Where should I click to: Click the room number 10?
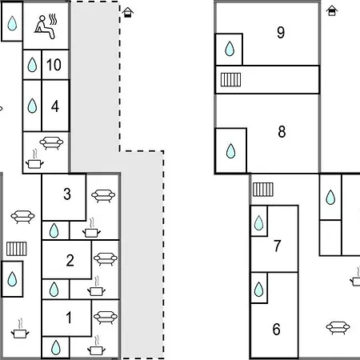pyautogui.click(x=54, y=65)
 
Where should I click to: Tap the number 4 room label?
pyautogui.click(x=55, y=106)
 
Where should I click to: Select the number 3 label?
pyautogui.click(x=67, y=194)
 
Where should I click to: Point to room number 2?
pyautogui.click(x=70, y=260)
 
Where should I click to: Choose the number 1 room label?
pyautogui.click(x=69, y=318)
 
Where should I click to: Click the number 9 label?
pyautogui.click(x=281, y=33)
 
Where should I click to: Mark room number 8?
pyautogui.click(x=282, y=132)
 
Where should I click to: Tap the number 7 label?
pyautogui.click(x=278, y=246)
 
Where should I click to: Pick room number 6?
pyautogui.click(x=277, y=329)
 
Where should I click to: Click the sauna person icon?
pyautogui.click(x=46, y=27)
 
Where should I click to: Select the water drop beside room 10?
pyautogui.click(x=32, y=65)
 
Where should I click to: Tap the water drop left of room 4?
pyautogui.click(x=32, y=106)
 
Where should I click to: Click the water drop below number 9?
pyautogui.click(x=230, y=49)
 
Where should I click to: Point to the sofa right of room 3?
pyautogui.click(x=103, y=196)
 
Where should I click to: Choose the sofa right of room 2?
pyautogui.click(x=106, y=259)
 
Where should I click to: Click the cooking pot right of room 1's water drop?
pyautogui.click(x=96, y=346)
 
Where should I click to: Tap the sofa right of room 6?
pyautogui.click(x=338, y=328)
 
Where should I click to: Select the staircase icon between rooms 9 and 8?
pyautogui.click(x=230, y=79)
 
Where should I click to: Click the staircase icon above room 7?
pyautogui.click(x=263, y=190)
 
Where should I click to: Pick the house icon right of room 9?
pyautogui.click(x=332, y=11)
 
